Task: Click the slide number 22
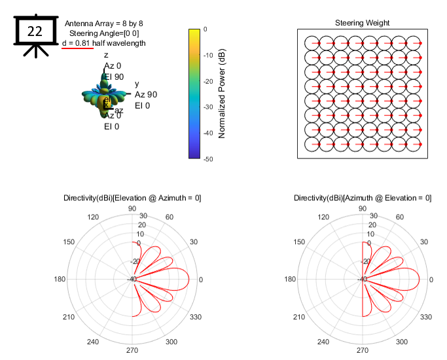(x=35, y=31)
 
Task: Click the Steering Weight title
(x=362, y=23)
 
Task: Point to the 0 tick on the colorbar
(x=205, y=29)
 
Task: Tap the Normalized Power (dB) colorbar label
(x=223, y=94)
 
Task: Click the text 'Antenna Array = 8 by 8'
(x=103, y=24)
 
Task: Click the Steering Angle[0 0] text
(x=104, y=33)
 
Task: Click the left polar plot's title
(x=132, y=198)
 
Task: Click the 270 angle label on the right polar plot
(x=362, y=351)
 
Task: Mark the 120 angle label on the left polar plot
(x=94, y=218)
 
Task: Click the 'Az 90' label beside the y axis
(x=146, y=95)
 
